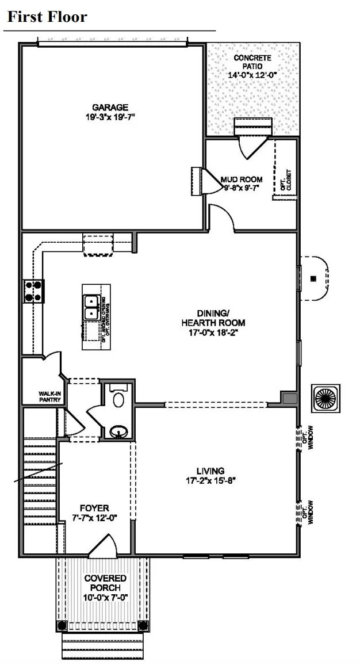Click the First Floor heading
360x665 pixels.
[x=47, y=17]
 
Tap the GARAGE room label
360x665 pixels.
[x=110, y=107]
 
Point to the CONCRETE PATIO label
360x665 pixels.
[x=252, y=62]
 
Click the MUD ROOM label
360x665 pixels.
[x=242, y=179]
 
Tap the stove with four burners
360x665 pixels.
[x=33, y=291]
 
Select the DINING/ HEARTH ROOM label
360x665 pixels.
[x=205, y=318]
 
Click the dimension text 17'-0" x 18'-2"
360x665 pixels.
[x=205, y=332]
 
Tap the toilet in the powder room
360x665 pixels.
[x=118, y=398]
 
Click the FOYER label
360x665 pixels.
[x=94, y=508]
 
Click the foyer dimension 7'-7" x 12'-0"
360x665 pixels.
[x=94, y=517]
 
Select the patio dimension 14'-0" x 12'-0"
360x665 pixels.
[x=252, y=75]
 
